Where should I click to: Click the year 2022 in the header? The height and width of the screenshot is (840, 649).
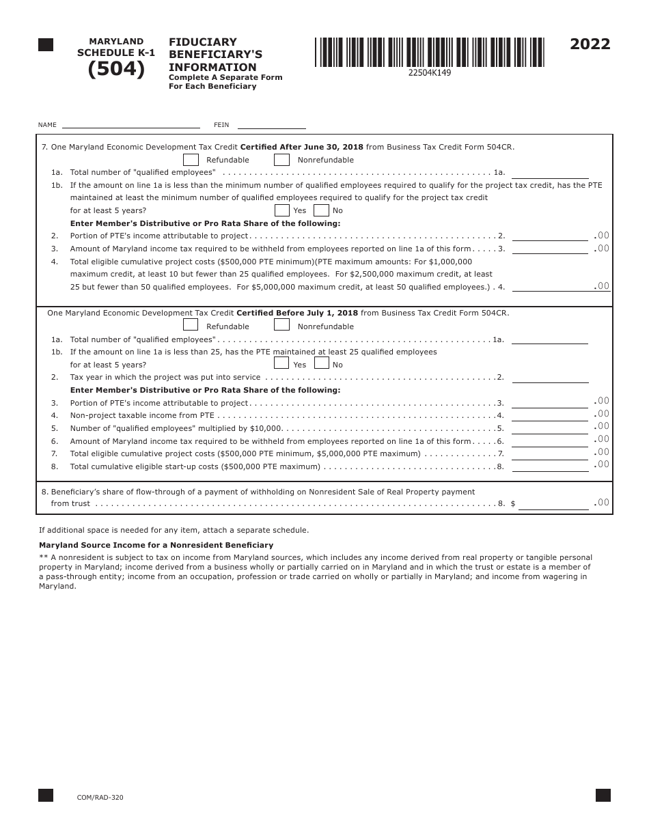(x=590, y=44)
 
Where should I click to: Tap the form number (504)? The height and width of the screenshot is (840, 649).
(x=116, y=70)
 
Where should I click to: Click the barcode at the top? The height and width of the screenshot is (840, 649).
(x=429, y=52)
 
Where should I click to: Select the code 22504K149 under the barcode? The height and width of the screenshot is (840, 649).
(x=429, y=73)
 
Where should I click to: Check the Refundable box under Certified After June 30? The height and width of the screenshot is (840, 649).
(x=191, y=159)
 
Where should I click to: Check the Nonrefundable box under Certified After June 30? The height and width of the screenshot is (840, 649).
(x=281, y=159)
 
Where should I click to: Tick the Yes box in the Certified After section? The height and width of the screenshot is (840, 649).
(x=281, y=210)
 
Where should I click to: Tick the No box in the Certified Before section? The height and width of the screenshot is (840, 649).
(x=321, y=363)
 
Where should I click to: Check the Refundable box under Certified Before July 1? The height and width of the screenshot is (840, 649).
(x=191, y=325)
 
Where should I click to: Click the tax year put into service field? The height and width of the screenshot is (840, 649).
(x=549, y=377)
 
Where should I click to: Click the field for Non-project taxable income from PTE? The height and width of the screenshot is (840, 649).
(x=549, y=415)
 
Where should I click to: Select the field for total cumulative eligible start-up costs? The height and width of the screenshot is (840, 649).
(x=549, y=466)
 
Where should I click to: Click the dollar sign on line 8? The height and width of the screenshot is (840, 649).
(x=513, y=504)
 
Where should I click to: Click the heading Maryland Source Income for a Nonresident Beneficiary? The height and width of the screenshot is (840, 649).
(x=156, y=545)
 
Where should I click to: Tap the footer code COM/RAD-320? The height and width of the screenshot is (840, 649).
(x=100, y=797)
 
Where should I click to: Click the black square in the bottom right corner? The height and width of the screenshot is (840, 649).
(x=603, y=795)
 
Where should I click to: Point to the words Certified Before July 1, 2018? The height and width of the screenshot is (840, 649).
(x=296, y=313)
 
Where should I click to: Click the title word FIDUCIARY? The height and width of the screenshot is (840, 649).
(x=203, y=42)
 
